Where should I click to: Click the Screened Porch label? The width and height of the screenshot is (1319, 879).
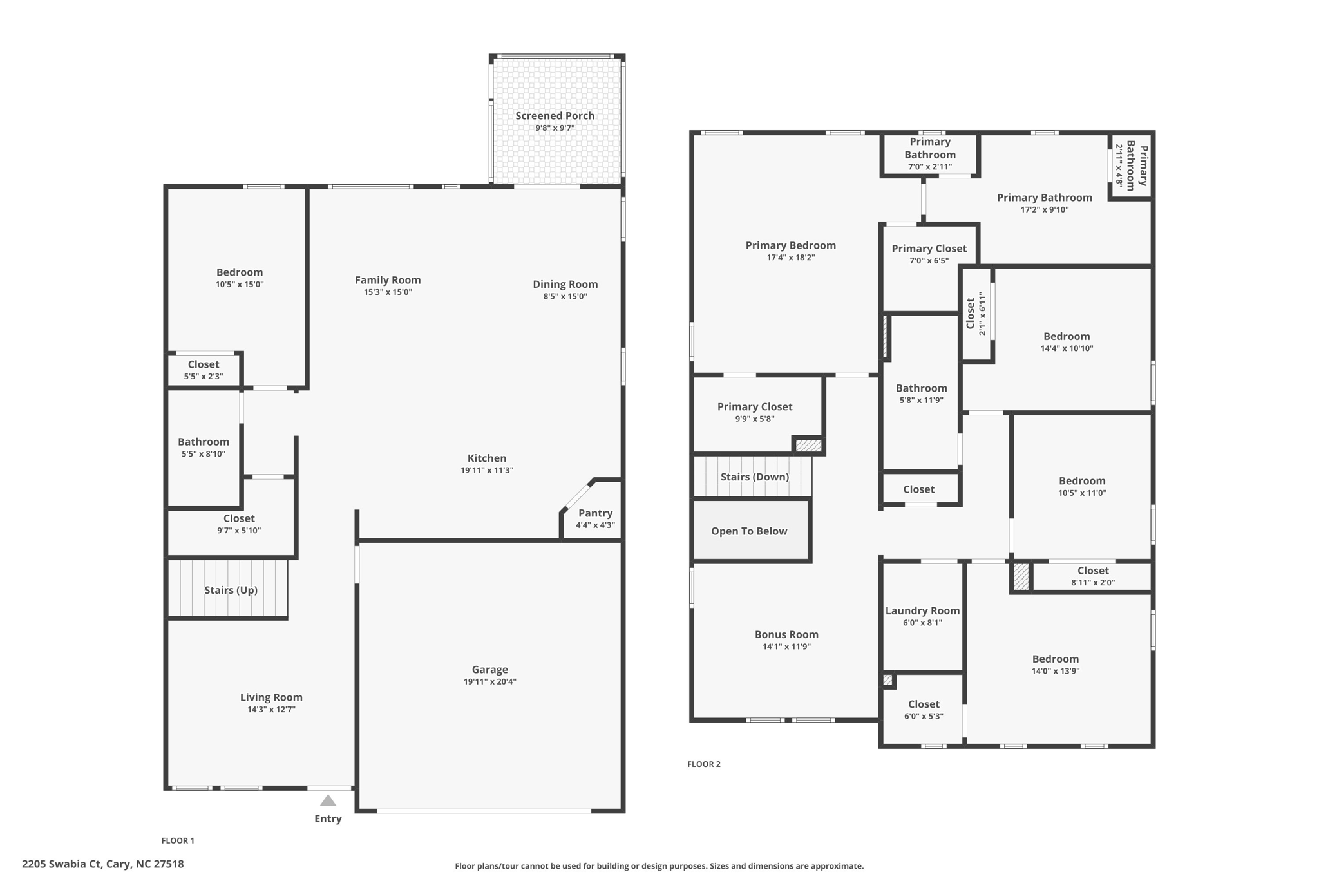pyautogui.click(x=555, y=116)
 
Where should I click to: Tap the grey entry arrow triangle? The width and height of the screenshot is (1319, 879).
pyautogui.click(x=328, y=800)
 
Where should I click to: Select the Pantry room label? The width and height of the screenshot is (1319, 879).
pyautogui.click(x=595, y=513)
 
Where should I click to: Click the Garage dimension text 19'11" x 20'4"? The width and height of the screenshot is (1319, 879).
pyautogui.click(x=489, y=681)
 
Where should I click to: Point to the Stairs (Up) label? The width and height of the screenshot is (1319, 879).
pyautogui.click(x=231, y=590)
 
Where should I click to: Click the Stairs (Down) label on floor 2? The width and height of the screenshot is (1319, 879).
pyautogui.click(x=754, y=477)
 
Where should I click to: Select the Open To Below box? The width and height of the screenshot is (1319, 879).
pyautogui.click(x=749, y=531)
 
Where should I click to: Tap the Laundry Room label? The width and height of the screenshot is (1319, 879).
pyautogui.click(x=922, y=610)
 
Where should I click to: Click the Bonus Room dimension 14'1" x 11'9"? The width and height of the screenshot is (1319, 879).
pyautogui.click(x=786, y=647)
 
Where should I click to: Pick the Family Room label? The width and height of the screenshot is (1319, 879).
pyautogui.click(x=388, y=280)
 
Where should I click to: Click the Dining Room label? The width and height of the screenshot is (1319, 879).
pyautogui.click(x=565, y=284)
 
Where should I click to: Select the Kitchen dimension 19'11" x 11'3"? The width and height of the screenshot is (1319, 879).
pyautogui.click(x=486, y=470)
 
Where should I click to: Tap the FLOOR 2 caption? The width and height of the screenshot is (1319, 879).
pyautogui.click(x=703, y=764)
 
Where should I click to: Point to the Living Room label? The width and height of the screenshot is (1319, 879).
pyautogui.click(x=271, y=697)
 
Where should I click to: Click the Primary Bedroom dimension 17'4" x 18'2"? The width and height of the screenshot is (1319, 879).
pyautogui.click(x=790, y=258)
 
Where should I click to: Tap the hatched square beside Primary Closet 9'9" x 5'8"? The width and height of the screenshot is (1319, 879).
pyautogui.click(x=808, y=445)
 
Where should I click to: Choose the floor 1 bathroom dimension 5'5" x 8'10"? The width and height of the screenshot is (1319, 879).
pyautogui.click(x=203, y=454)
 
